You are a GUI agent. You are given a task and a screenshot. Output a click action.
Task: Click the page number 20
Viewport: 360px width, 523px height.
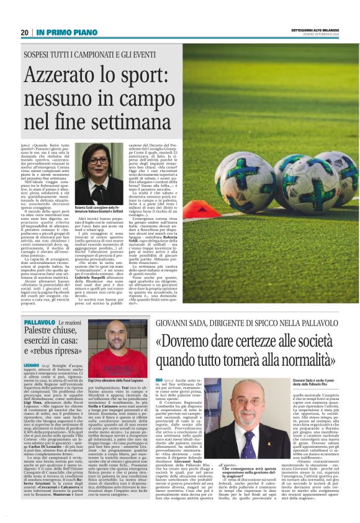pos(25,32)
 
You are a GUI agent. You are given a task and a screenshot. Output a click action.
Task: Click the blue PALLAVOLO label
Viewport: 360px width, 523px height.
pos(38,324)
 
